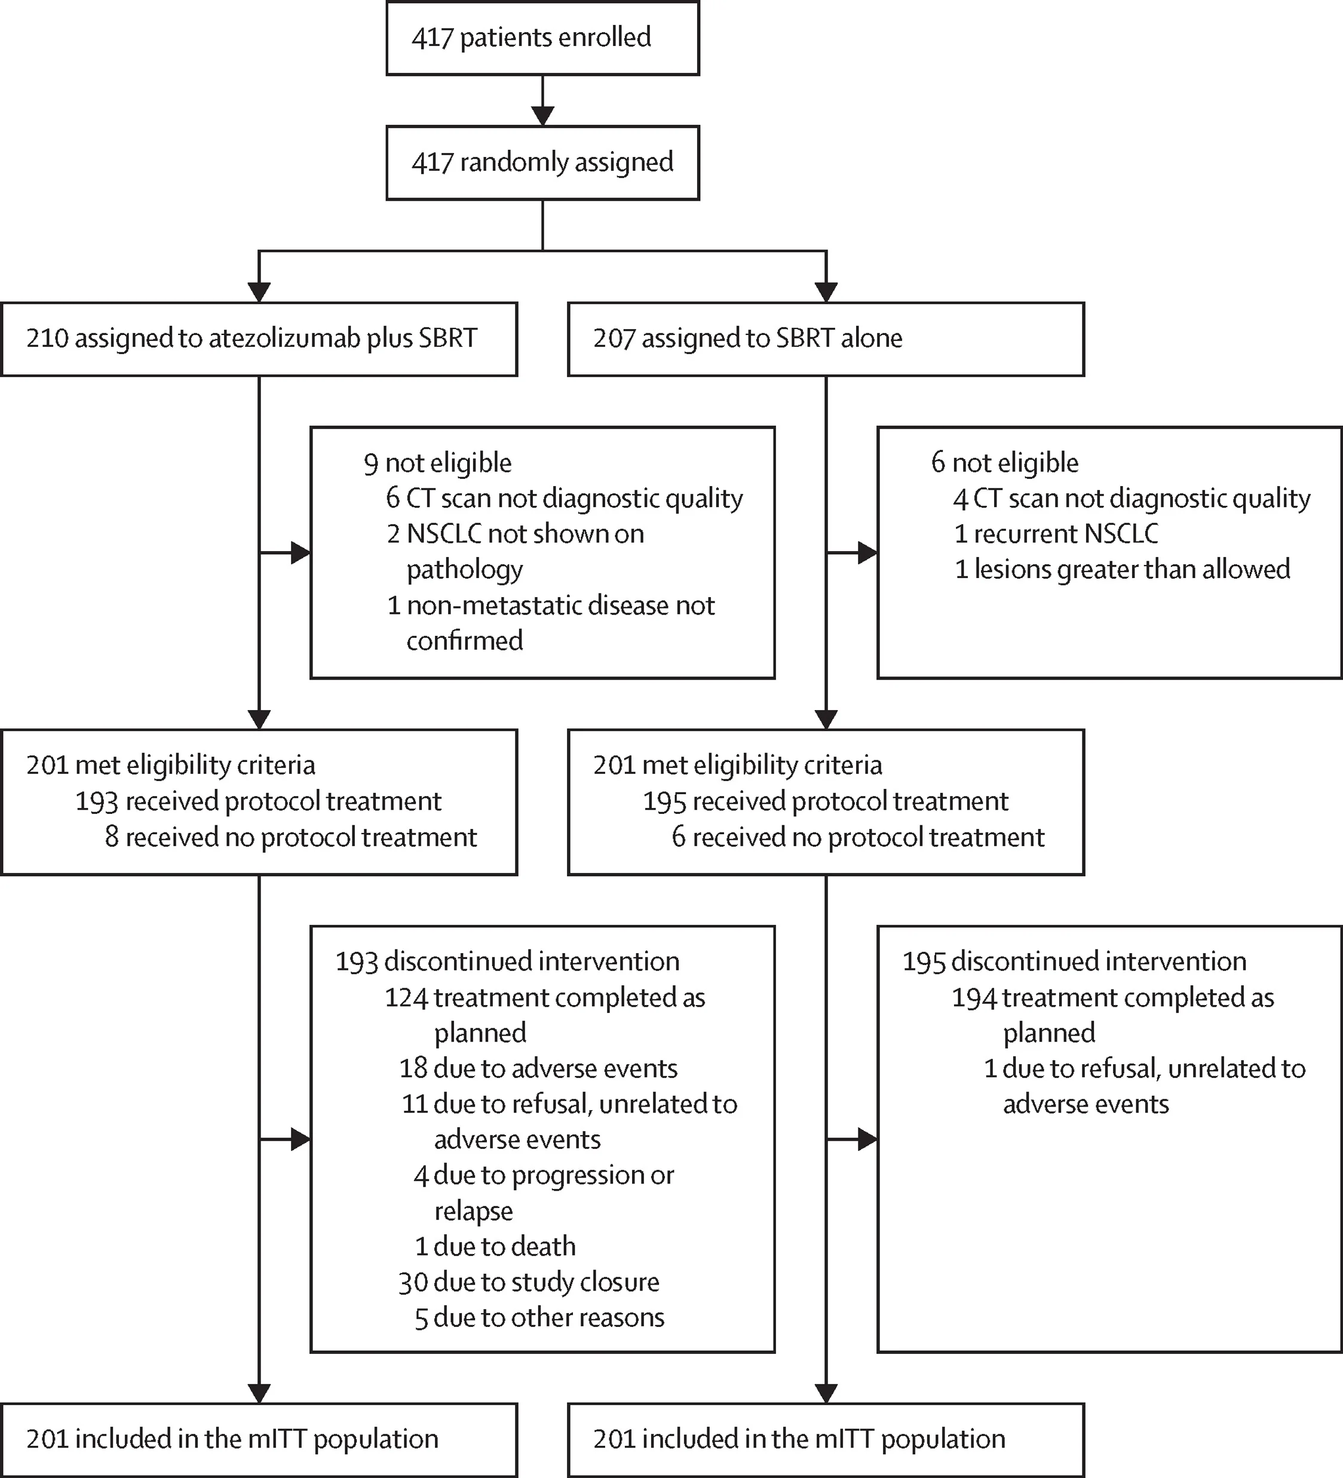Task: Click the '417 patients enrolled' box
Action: (x=543, y=38)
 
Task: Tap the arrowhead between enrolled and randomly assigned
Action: (x=543, y=116)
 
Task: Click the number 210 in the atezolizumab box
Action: (x=48, y=338)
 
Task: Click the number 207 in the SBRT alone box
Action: (x=615, y=338)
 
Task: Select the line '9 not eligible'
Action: (x=438, y=463)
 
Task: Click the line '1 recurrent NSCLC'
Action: (x=1056, y=534)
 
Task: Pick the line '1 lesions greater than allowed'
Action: (x=1122, y=570)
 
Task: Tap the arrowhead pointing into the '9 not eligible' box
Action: (x=301, y=553)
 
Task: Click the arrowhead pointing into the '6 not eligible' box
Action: (x=867, y=553)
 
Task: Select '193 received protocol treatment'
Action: (x=258, y=801)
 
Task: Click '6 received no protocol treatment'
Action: (x=858, y=837)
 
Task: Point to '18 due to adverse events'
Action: (x=538, y=1069)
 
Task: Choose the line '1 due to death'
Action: (x=495, y=1247)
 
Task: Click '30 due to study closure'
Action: (x=529, y=1282)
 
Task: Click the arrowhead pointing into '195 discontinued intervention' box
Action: (x=867, y=1139)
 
